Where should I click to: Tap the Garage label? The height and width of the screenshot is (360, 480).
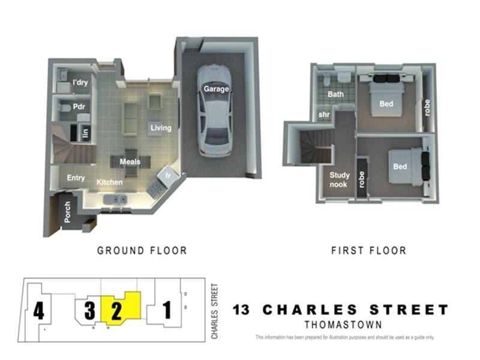pos(216,89)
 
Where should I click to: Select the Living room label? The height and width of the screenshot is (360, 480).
pos(161,128)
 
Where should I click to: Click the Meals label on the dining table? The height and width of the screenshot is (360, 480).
pos(130,162)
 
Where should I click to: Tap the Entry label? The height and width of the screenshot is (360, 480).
pos(76,178)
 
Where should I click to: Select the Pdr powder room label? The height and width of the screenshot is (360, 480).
pos(79,107)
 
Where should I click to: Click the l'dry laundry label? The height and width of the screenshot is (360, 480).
pos(80,83)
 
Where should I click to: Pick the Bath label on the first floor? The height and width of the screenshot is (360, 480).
pos(335,94)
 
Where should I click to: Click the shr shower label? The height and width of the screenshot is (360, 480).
pos(323,115)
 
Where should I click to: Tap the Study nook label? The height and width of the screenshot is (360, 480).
pos(340,180)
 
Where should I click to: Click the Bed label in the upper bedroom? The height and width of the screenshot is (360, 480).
pos(386,104)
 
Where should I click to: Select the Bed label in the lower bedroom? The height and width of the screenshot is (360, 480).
pos(400,166)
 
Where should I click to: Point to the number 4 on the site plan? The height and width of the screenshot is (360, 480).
pos(39,311)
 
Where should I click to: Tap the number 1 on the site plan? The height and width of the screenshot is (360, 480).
pos(167,310)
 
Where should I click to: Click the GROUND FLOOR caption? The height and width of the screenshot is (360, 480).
pos(142,250)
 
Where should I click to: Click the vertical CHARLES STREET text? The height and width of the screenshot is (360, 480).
pos(215,310)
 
